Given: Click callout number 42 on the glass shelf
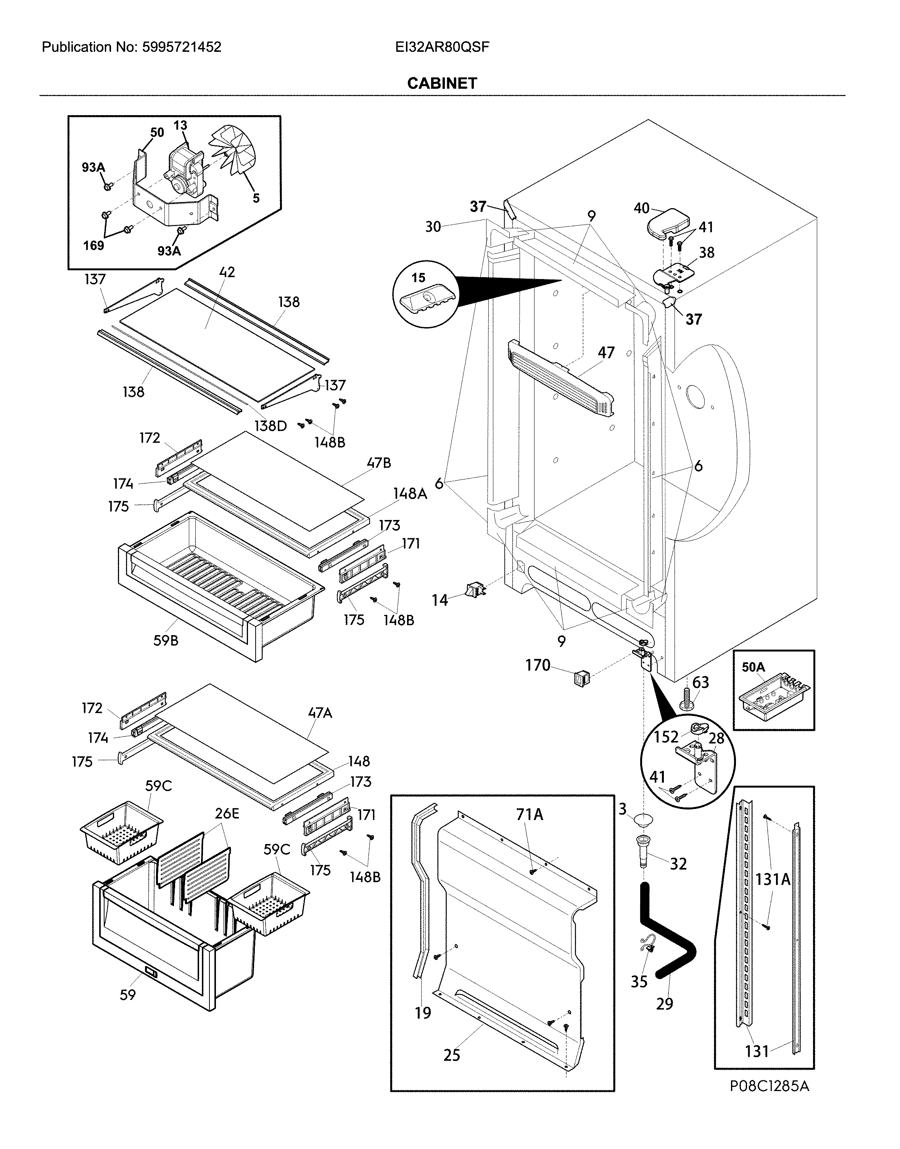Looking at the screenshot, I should (x=227, y=273).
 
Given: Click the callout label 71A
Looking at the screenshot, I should (x=529, y=815).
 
